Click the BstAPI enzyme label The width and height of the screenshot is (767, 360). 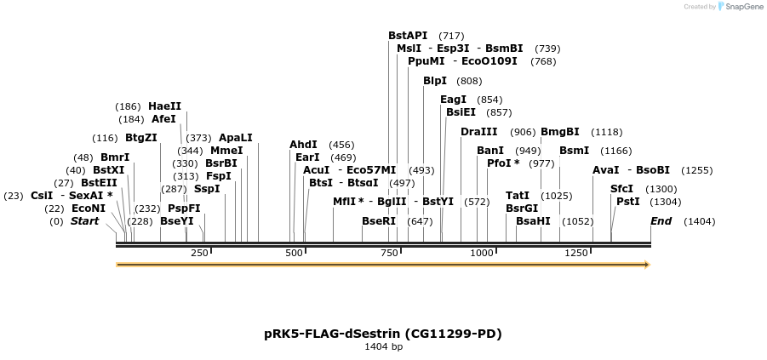(408, 35)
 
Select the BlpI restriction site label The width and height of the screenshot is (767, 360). (435, 81)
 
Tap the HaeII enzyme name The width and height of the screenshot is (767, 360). (164, 106)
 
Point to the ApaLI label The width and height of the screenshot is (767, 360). (236, 138)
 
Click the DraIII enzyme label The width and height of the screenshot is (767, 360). (478, 132)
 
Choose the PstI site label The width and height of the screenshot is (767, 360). (627, 202)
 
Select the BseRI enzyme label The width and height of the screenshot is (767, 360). (379, 221)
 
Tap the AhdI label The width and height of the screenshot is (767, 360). (303, 145)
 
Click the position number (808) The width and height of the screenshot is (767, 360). (469, 82)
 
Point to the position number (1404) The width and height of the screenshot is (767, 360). (699, 222)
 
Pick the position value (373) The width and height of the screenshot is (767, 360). (198, 138)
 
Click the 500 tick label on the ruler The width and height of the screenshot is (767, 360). (295, 253)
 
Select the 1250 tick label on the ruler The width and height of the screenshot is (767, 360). (576, 253)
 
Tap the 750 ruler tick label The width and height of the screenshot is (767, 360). (389, 253)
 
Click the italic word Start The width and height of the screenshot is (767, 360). (84, 221)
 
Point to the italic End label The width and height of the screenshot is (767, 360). (661, 221)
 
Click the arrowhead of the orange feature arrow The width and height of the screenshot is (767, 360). (647, 265)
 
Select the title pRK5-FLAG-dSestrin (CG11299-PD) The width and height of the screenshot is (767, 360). (383, 334)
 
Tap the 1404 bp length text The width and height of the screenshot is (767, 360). (383, 347)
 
